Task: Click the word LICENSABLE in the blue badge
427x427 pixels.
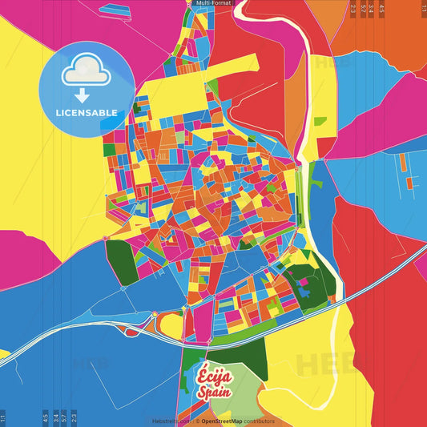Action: click(86, 113)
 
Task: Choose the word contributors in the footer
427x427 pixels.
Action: click(259, 421)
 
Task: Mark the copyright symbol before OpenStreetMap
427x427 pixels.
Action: click(196, 421)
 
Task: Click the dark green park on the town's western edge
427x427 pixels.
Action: click(121, 262)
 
